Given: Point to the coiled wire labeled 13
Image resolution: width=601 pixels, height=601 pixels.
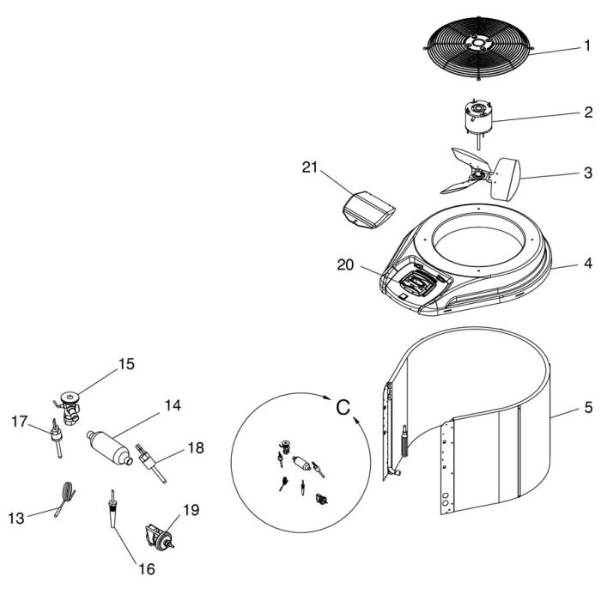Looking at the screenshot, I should coord(64,499).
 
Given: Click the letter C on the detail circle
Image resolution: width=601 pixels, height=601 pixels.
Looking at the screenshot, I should coord(342,407).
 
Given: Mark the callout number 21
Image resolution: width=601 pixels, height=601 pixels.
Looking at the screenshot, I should coord(311,167).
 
